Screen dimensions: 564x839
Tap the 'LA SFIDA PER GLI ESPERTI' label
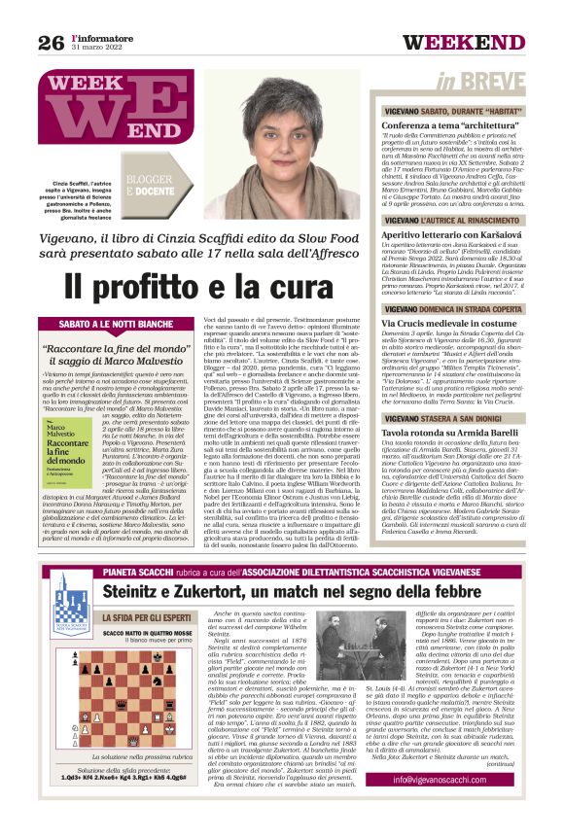coord(126,643)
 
